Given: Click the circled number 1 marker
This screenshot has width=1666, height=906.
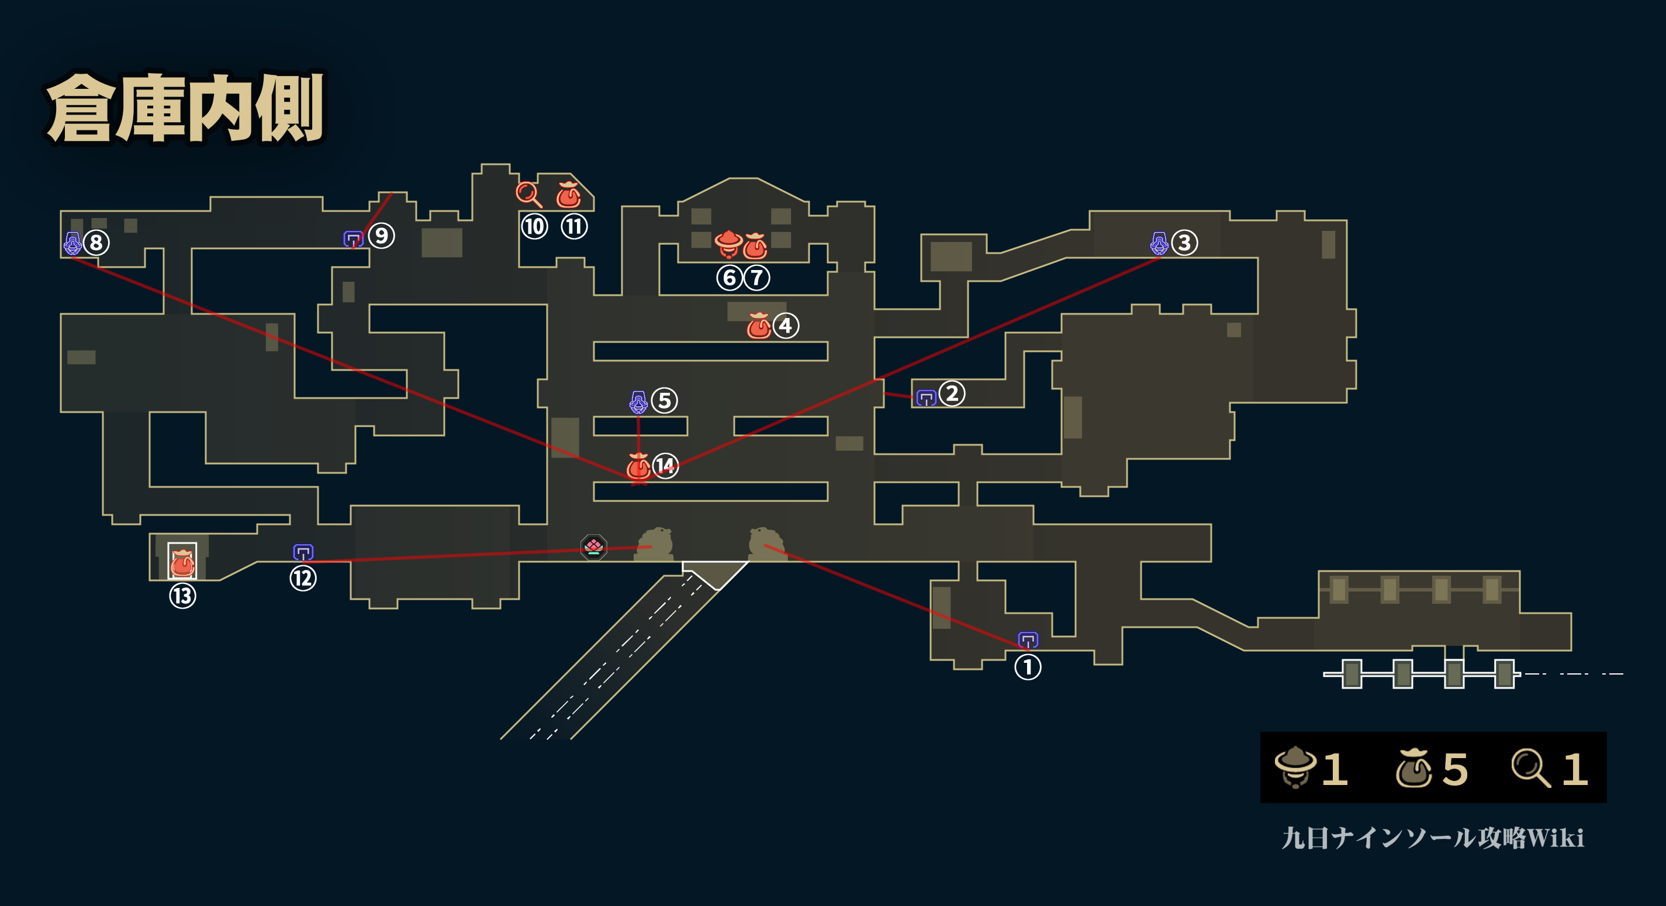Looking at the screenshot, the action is point(1028,668).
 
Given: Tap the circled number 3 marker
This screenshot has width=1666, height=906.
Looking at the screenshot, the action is point(1184,243).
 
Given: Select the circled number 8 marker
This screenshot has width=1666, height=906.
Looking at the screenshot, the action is point(96,243).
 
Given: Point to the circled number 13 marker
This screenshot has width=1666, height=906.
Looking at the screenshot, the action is point(182,596).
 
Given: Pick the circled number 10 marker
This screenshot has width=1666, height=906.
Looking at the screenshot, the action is point(534,226).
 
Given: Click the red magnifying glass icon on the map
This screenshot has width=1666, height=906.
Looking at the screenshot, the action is point(528,194).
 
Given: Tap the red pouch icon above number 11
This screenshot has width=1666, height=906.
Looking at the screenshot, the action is point(568,194).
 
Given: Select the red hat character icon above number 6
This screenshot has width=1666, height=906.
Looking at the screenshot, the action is point(728,244).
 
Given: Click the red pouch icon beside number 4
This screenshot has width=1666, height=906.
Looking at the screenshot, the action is point(759,325).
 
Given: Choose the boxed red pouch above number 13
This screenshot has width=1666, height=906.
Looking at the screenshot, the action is point(182,561).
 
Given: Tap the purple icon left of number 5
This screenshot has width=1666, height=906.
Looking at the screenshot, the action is point(638,402).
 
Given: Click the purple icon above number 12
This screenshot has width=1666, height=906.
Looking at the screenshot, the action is point(303,552).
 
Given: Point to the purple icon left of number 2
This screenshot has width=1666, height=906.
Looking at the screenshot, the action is point(927,397).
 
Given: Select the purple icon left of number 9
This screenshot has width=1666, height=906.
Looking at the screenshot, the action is point(353,239).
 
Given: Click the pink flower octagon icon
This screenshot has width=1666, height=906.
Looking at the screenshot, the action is point(594,547).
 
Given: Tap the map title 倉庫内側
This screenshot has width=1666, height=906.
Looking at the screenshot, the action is point(186,108).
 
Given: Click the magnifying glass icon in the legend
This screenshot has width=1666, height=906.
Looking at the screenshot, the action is point(1531,767).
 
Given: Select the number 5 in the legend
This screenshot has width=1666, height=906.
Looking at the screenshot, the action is point(1455,769).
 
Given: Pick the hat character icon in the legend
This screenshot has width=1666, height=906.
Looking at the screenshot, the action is point(1295,767).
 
